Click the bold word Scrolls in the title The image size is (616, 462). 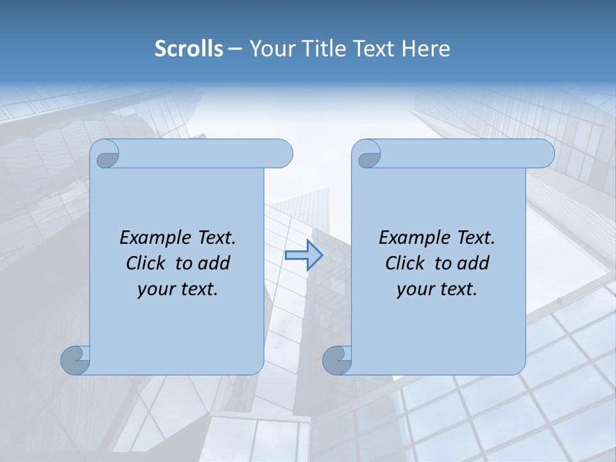[x=189, y=49]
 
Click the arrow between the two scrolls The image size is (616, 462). [x=304, y=255]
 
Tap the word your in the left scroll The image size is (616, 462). [x=155, y=289]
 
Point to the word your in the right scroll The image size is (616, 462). [x=414, y=289]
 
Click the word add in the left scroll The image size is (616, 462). [x=215, y=263]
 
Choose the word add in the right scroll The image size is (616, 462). [x=474, y=263]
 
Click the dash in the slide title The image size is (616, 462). [x=235, y=49]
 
